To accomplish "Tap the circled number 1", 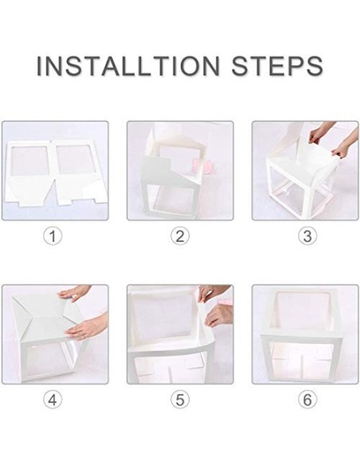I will coord(53,236).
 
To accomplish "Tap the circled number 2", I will coord(180,236).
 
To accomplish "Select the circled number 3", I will coord(307,236).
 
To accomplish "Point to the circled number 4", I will coord(53,400).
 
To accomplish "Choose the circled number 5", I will coord(180,400).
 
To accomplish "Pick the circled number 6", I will coord(307,400).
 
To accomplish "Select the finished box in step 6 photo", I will coord(306,334).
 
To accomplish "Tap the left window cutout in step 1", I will coord(29,164).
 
